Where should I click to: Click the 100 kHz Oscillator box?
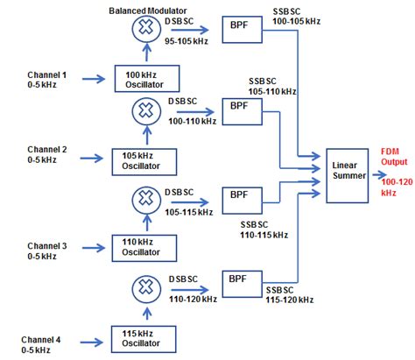tap(142, 80)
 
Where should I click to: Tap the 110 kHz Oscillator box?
tap(142, 246)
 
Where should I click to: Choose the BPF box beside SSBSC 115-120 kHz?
tap(240, 283)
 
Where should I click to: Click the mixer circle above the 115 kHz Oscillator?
tap(142, 288)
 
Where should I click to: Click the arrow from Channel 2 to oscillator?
tap(92, 159)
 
